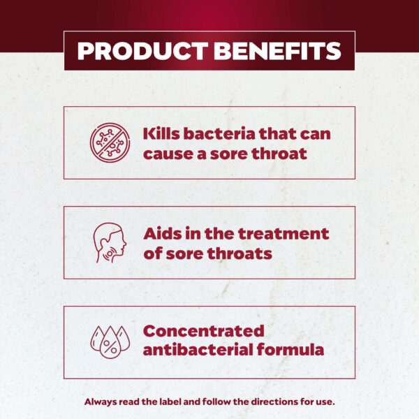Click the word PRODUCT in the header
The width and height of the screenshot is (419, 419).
tap(142, 51)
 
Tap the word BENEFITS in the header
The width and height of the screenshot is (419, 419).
tap(277, 51)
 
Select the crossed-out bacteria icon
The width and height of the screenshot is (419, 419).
tap(110, 142)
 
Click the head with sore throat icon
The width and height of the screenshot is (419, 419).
tap(110, 242)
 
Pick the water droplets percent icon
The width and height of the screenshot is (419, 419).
tap(110, 341)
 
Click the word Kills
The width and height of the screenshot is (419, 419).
tap(161, 133)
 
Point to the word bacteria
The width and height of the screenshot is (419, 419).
tap(219, 133)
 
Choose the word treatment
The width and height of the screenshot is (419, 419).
tap(284, 234)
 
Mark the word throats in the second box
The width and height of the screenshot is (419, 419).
tap(240, 253)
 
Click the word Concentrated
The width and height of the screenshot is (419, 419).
tap(204, 331)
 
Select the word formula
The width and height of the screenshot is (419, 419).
tap(291, 350)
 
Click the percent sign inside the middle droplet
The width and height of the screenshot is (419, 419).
tap(110, 346)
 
